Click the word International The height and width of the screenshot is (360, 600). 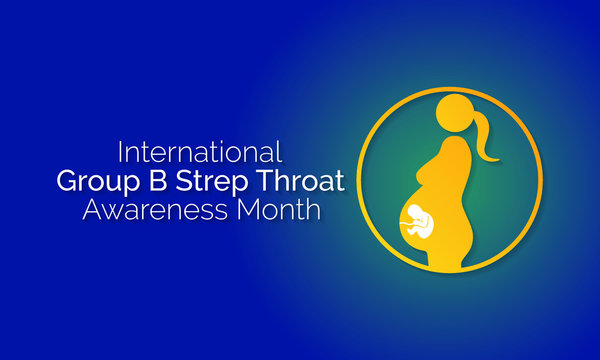(x=200, y=153)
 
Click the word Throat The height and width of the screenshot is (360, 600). (x=298, y=182)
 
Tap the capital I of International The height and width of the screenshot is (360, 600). (x=121, y=153)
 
